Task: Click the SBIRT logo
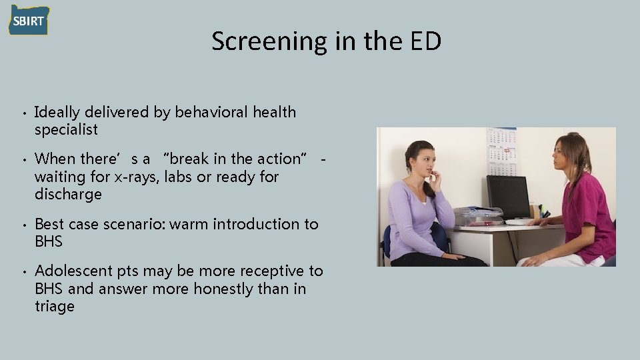(28, 20)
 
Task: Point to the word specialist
(66, 129)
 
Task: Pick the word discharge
(68, 195)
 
